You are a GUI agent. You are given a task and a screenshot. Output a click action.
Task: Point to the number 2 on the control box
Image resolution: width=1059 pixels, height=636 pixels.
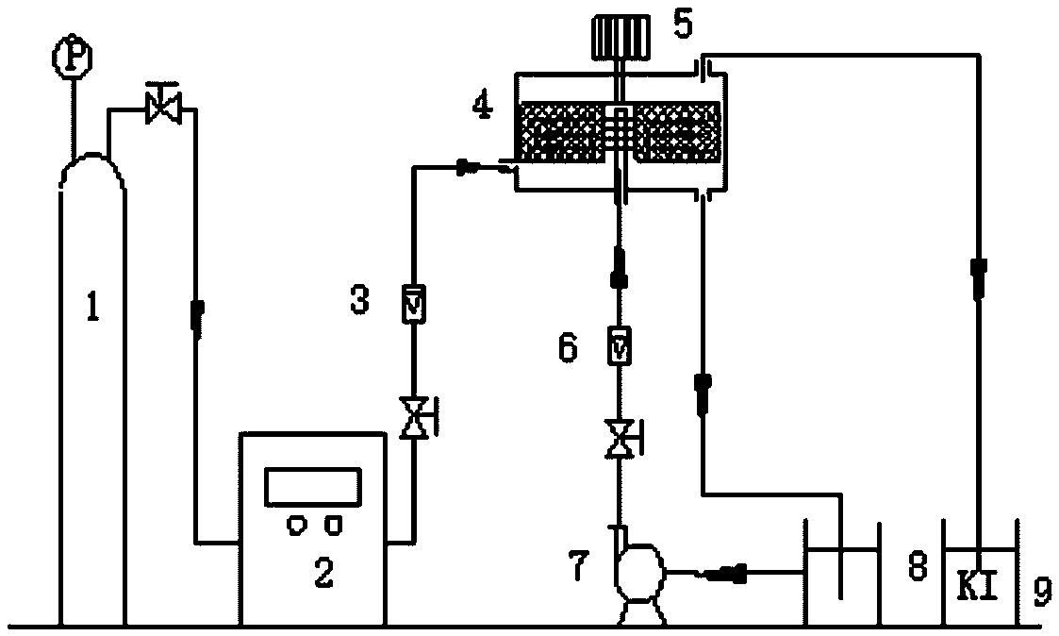323,574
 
